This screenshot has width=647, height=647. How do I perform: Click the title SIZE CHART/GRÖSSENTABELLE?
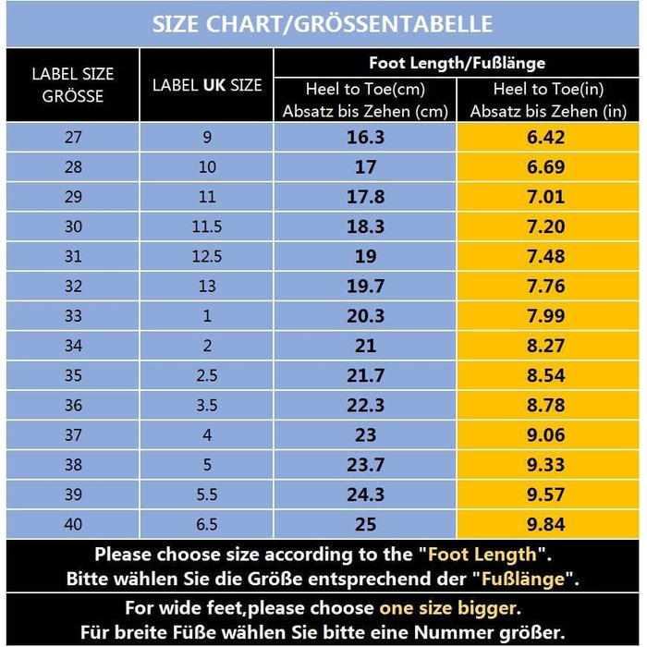point(323,23)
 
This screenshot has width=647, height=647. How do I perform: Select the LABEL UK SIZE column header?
point(207,85)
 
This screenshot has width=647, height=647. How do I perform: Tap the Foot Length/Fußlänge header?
point(457,63)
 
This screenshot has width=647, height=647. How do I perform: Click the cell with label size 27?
point(73,138)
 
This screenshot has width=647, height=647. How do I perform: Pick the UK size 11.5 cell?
point(207,227)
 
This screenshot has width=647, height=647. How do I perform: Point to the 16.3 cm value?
point(365,138)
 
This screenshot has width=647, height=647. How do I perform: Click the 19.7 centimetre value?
point(365,287)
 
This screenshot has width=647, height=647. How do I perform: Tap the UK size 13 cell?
point(207,287)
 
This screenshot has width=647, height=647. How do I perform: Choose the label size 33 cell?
point(73,316)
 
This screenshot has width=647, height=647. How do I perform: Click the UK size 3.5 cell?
point(207,406)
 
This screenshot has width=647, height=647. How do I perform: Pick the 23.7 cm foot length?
point(365,465)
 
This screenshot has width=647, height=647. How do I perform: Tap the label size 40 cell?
point(73,524)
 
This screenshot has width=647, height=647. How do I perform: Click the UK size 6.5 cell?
point(207,524)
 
